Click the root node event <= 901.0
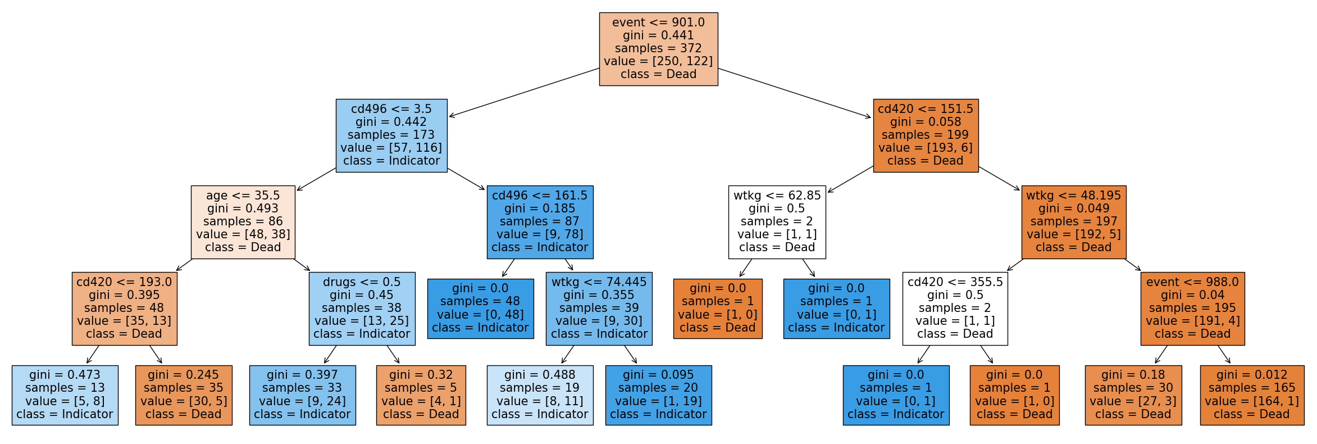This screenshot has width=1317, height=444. pos(658,49)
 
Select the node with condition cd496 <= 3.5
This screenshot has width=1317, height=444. pos(391,135)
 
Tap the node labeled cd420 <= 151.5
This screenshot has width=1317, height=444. pos(926,135)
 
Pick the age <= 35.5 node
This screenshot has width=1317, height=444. pos(243,222)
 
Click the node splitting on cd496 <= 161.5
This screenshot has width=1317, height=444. pos(540,222)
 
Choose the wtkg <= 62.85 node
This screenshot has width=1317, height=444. pos(777,222)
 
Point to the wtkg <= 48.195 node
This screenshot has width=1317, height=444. pos(1074,222)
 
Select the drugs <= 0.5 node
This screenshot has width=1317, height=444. pos(362,309)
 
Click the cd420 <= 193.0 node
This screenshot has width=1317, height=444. pos(125,309)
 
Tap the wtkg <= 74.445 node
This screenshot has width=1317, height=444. pos(599,309)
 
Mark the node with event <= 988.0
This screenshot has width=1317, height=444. pos(1193,309)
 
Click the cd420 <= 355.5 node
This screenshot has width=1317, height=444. pos(955,309)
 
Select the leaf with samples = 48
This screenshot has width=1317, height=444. pos(480,309)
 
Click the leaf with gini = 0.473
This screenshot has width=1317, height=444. pos(65,395)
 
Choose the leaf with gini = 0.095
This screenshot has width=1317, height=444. pos(659,395)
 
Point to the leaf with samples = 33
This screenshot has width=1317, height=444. pos(303,395)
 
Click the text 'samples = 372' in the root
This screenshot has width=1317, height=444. pos(658,48)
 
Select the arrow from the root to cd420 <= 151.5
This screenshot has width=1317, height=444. pos(795,93)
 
